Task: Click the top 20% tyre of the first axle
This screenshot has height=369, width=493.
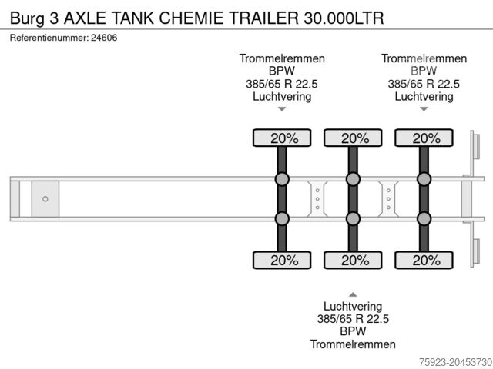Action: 282,138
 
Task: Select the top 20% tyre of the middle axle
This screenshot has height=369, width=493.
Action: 353,138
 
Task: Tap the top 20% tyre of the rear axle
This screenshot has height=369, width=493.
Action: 424,138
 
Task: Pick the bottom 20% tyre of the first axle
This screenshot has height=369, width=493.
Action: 282,260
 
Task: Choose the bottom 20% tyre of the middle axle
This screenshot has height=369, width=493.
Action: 353,260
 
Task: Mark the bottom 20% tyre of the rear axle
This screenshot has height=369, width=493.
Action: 424,260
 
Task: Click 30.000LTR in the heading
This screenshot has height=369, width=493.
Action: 338,16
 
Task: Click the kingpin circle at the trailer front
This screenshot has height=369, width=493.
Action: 45,199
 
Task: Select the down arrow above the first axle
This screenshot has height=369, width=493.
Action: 282,109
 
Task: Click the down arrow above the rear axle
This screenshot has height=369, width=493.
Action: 424,109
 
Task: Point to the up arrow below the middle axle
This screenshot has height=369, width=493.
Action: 353,294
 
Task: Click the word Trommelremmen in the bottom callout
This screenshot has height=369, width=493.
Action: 353,344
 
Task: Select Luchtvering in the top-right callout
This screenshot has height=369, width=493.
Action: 424,96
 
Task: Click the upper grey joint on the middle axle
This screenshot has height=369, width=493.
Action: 353,180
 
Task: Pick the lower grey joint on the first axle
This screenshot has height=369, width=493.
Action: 282,218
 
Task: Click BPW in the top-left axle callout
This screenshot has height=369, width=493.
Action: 282,71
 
